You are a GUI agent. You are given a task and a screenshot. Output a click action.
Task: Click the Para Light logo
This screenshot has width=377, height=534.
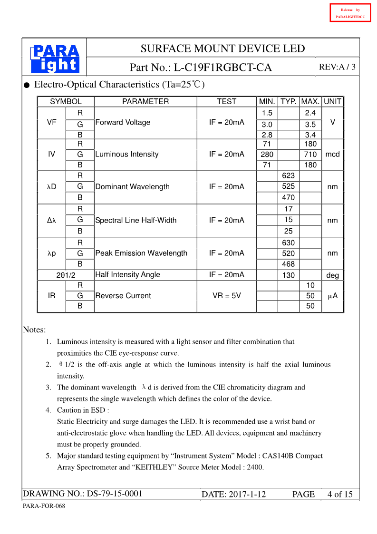[x=55, y=59]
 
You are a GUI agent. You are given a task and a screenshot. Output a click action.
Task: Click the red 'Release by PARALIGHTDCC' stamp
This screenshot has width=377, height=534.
[x=350, y=13]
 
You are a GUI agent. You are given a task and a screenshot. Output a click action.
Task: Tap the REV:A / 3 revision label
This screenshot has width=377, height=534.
[x=337, y=67]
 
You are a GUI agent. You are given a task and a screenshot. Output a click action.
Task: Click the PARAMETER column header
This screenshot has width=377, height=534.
[x=145, y=101]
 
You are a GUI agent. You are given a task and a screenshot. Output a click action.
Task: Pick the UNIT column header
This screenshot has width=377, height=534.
[x=332, y=101]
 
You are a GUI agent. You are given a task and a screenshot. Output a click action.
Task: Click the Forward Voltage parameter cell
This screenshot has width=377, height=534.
[x=123, y=123]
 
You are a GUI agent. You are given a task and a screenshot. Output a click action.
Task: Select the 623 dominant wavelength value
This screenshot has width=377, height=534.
[x=288, y=176]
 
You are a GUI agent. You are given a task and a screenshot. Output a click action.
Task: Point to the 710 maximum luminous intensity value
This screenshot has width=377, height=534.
[x=310, y=154]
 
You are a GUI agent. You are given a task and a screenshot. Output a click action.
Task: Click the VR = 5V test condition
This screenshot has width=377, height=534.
[x=226, y=296]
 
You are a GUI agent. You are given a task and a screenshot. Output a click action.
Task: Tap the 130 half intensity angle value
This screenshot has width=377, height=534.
[x=288, y=275]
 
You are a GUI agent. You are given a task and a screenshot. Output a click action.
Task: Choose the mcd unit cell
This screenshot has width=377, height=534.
[x=332, y=154]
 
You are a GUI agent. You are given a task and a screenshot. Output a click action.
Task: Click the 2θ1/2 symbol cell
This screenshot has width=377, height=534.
[x=66, y=275]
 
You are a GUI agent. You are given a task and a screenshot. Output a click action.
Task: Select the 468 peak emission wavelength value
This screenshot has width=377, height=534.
[x=288, y=264]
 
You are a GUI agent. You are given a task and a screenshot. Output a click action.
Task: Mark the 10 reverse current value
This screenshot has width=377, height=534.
[x=310, y=285]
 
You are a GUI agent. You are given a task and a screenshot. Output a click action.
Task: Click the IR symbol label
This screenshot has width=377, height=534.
[x=52, y=296]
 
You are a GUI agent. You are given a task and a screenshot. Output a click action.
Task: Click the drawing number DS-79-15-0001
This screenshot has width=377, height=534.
[x=114, y=494]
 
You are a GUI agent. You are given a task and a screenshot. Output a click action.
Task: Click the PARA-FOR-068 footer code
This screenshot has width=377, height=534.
[x=44, y=506]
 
